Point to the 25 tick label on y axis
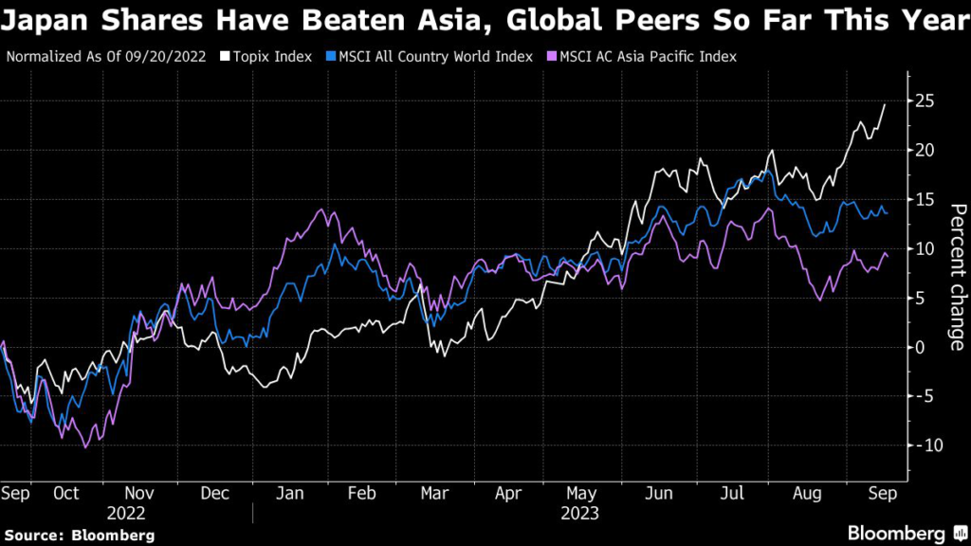(x=925, y=100)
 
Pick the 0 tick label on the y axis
(x=921, y=347)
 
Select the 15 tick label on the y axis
(x=925, y=199)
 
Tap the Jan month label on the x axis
(x=288, y=494)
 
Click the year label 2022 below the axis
(x=126, y=513)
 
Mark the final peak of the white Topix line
(x=885, y=104)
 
